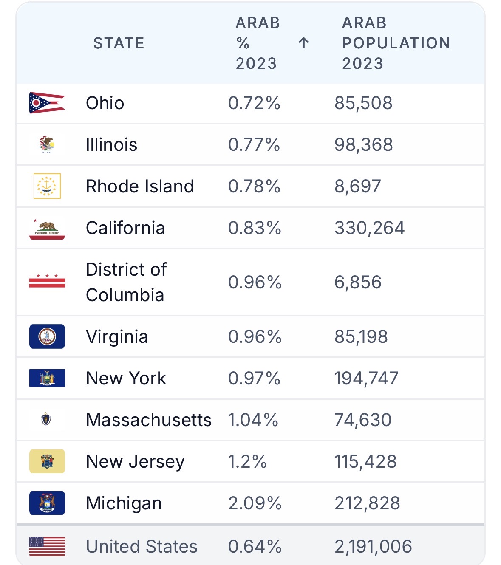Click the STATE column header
[119, 43]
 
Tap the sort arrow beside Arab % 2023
[303, 43]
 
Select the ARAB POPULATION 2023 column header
[396, 43]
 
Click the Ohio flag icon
[47, 103]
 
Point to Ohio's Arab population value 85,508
[363, 103]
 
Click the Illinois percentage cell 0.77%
[254, 144]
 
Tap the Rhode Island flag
[47, 186]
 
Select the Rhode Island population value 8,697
[358, 186]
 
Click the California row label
[125, 228]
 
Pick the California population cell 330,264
[369, 228]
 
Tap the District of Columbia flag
[47, 281]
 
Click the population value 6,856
[358, 282]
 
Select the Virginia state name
[117, 336]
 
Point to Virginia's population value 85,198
[361, 336]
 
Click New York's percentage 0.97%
[254, 378]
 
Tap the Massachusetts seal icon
[46, 419]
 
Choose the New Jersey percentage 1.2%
[247, 461]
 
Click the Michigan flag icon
[47, 503]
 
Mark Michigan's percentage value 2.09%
[255, 503]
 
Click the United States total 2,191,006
[373, 546]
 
